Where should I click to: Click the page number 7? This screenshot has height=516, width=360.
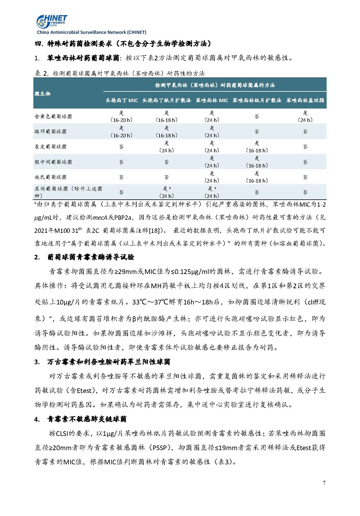324,483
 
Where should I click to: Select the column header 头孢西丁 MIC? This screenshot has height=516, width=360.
122,100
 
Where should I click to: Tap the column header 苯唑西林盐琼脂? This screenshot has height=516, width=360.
305,100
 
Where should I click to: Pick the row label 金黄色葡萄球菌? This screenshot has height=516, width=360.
53,116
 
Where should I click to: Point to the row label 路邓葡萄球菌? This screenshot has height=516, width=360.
50,131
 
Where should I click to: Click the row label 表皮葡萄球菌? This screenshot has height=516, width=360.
50,147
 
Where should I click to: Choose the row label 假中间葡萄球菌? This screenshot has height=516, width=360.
53,162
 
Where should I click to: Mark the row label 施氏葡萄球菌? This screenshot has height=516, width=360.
50,177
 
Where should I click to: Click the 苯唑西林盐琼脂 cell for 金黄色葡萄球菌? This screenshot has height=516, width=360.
305,116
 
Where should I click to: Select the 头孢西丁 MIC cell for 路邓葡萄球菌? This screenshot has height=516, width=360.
122,131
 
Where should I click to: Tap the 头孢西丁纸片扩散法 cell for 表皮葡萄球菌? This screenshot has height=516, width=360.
167,147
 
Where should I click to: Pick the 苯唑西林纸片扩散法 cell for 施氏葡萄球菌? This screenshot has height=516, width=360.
257,177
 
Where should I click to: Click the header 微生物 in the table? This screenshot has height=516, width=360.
43,93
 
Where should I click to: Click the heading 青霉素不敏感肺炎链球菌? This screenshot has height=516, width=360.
87,419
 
